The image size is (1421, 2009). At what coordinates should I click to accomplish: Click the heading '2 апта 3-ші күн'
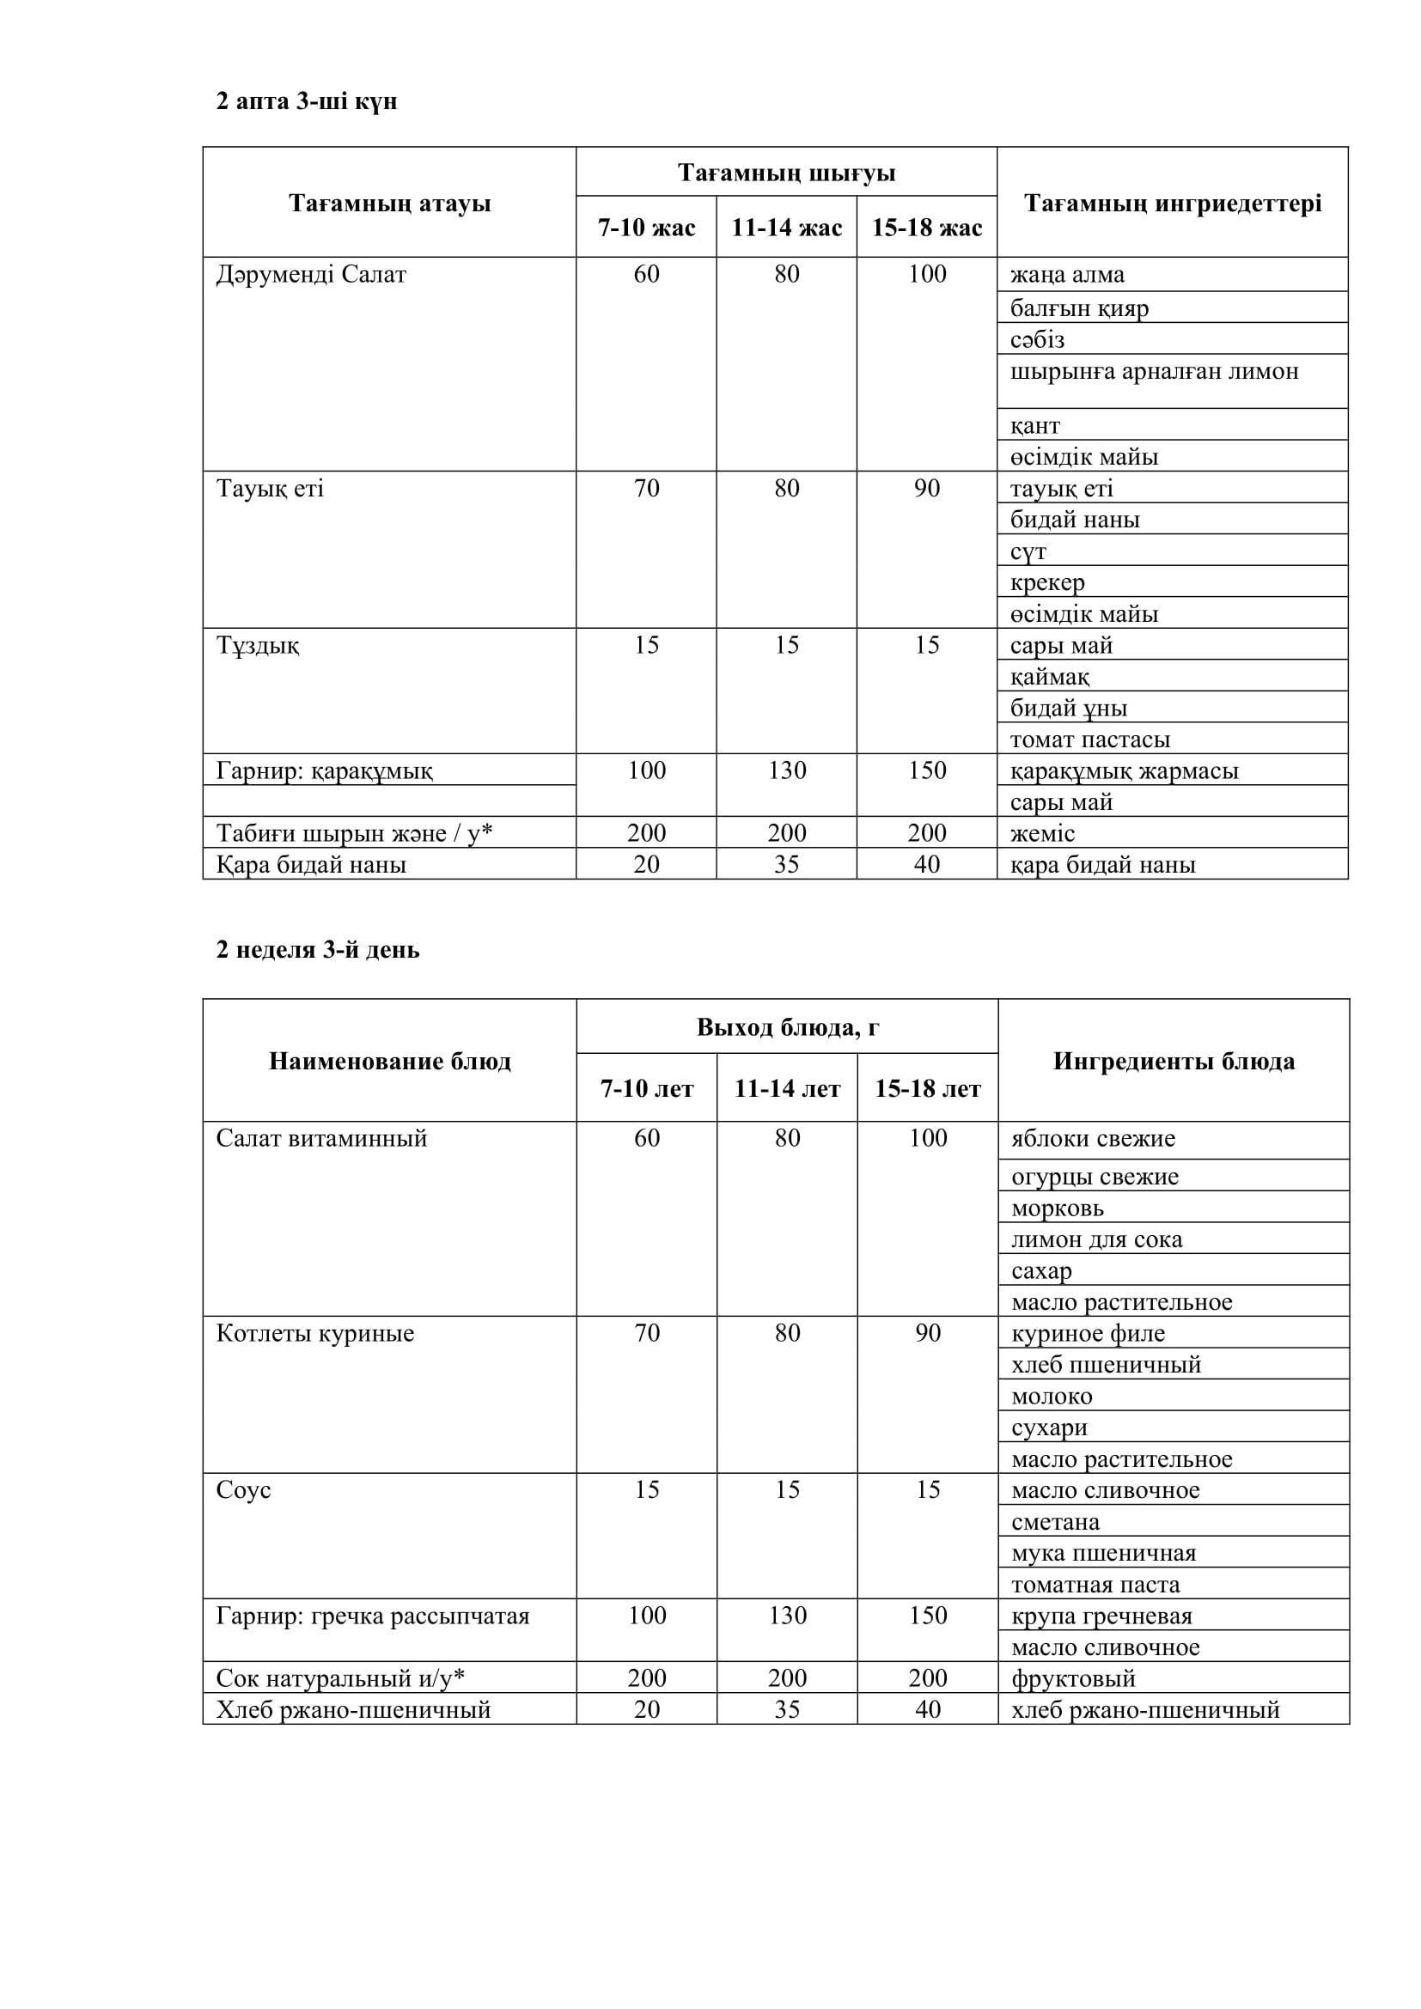pyautogui.click(x=306, y=101)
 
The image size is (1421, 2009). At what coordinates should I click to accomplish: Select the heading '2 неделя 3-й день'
pyautogui.click(x=318, y=949)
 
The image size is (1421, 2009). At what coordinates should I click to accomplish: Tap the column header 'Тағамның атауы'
pyautogui.click(x=389, y=204)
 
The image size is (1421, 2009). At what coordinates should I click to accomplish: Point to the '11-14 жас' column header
pyautogui.click(x=786, y=228)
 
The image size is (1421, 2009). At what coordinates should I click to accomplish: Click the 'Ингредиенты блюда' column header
pyautogui.click(x=1174, y=1062)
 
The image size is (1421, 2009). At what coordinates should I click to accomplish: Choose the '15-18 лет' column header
pyautogui.click(x=928, y=1088)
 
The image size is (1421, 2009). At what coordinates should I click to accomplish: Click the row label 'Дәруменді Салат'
pyautogui.click(x=312, y=275)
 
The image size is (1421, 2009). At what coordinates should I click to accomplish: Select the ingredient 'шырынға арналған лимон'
pyautogui.click(x=1154, y=372)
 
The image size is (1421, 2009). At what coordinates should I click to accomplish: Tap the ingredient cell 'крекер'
pyautogui.click(x=1047, y=582)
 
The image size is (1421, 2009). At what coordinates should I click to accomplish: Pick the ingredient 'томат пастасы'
pyautogui.click(x=1089, y=740)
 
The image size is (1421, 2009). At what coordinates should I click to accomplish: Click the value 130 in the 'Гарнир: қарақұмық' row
pyautogui.click(x=787, y=770)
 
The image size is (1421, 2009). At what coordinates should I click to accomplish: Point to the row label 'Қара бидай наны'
pyautogui.click(x=312, y=865)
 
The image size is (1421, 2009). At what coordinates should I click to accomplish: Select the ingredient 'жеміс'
pyautogui.click(x=1042, y=833)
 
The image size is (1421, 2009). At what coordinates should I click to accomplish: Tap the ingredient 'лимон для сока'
pyautogui.click(x=1096, y=1239)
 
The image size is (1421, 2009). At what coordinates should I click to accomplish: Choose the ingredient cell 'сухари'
pyautogui.click(x=1049, y=1428)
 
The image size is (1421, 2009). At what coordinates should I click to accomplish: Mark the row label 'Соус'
pyautogui.click(x=243, y=1490)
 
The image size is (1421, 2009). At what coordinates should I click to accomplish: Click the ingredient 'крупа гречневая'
pyautogui.click(x=1101, y=1616)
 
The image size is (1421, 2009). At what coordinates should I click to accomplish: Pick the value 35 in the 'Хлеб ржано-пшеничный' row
pyautogui.click(x=787, y=1710)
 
